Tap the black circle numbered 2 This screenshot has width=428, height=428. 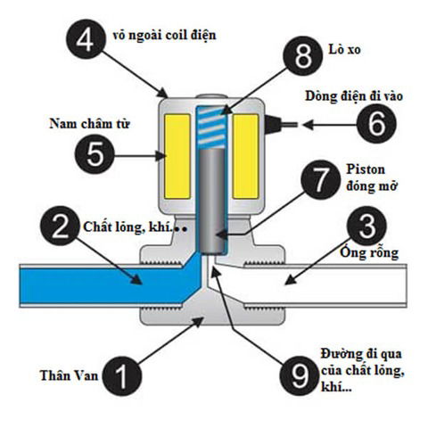click(70, 228)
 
